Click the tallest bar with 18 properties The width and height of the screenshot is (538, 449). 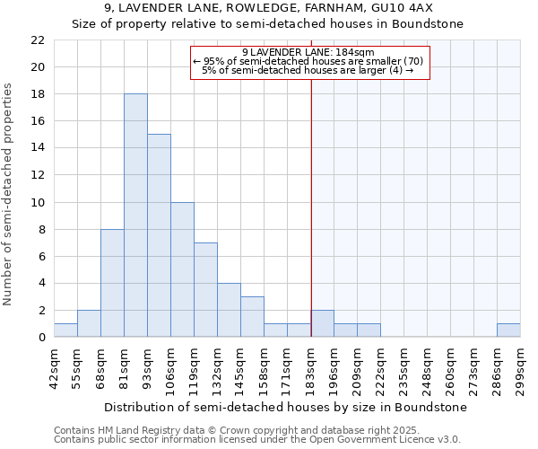tap(135, 216)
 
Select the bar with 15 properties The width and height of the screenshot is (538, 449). tap(159, 235)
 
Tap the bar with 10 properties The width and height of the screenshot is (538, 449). tap(182, 269)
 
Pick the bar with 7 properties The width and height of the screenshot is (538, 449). tap(205, 289)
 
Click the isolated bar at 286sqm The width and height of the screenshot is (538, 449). tap(508, 330)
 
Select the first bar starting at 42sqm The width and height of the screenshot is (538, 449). tap(65, 330)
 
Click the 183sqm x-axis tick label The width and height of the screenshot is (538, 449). tap(311, 368)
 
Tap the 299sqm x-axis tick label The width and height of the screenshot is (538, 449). tap(521, 368)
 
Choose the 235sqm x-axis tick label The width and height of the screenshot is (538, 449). tap(404, 368)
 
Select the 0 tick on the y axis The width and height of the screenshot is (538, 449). tap(41, 338)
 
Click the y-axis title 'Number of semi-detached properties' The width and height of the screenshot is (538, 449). tap(9, 194)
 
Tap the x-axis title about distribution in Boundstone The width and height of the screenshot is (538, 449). tap(285, 407)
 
